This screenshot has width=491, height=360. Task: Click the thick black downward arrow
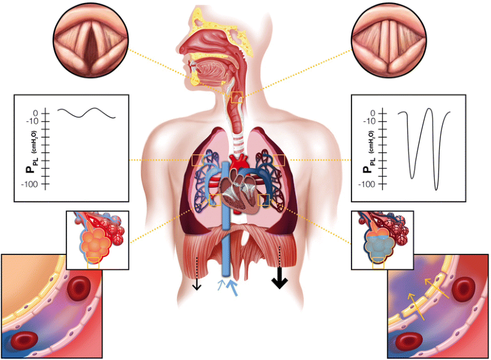[280, 279]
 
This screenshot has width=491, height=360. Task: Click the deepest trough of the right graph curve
[436, 187]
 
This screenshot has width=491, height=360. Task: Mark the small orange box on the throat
[236, 97]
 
